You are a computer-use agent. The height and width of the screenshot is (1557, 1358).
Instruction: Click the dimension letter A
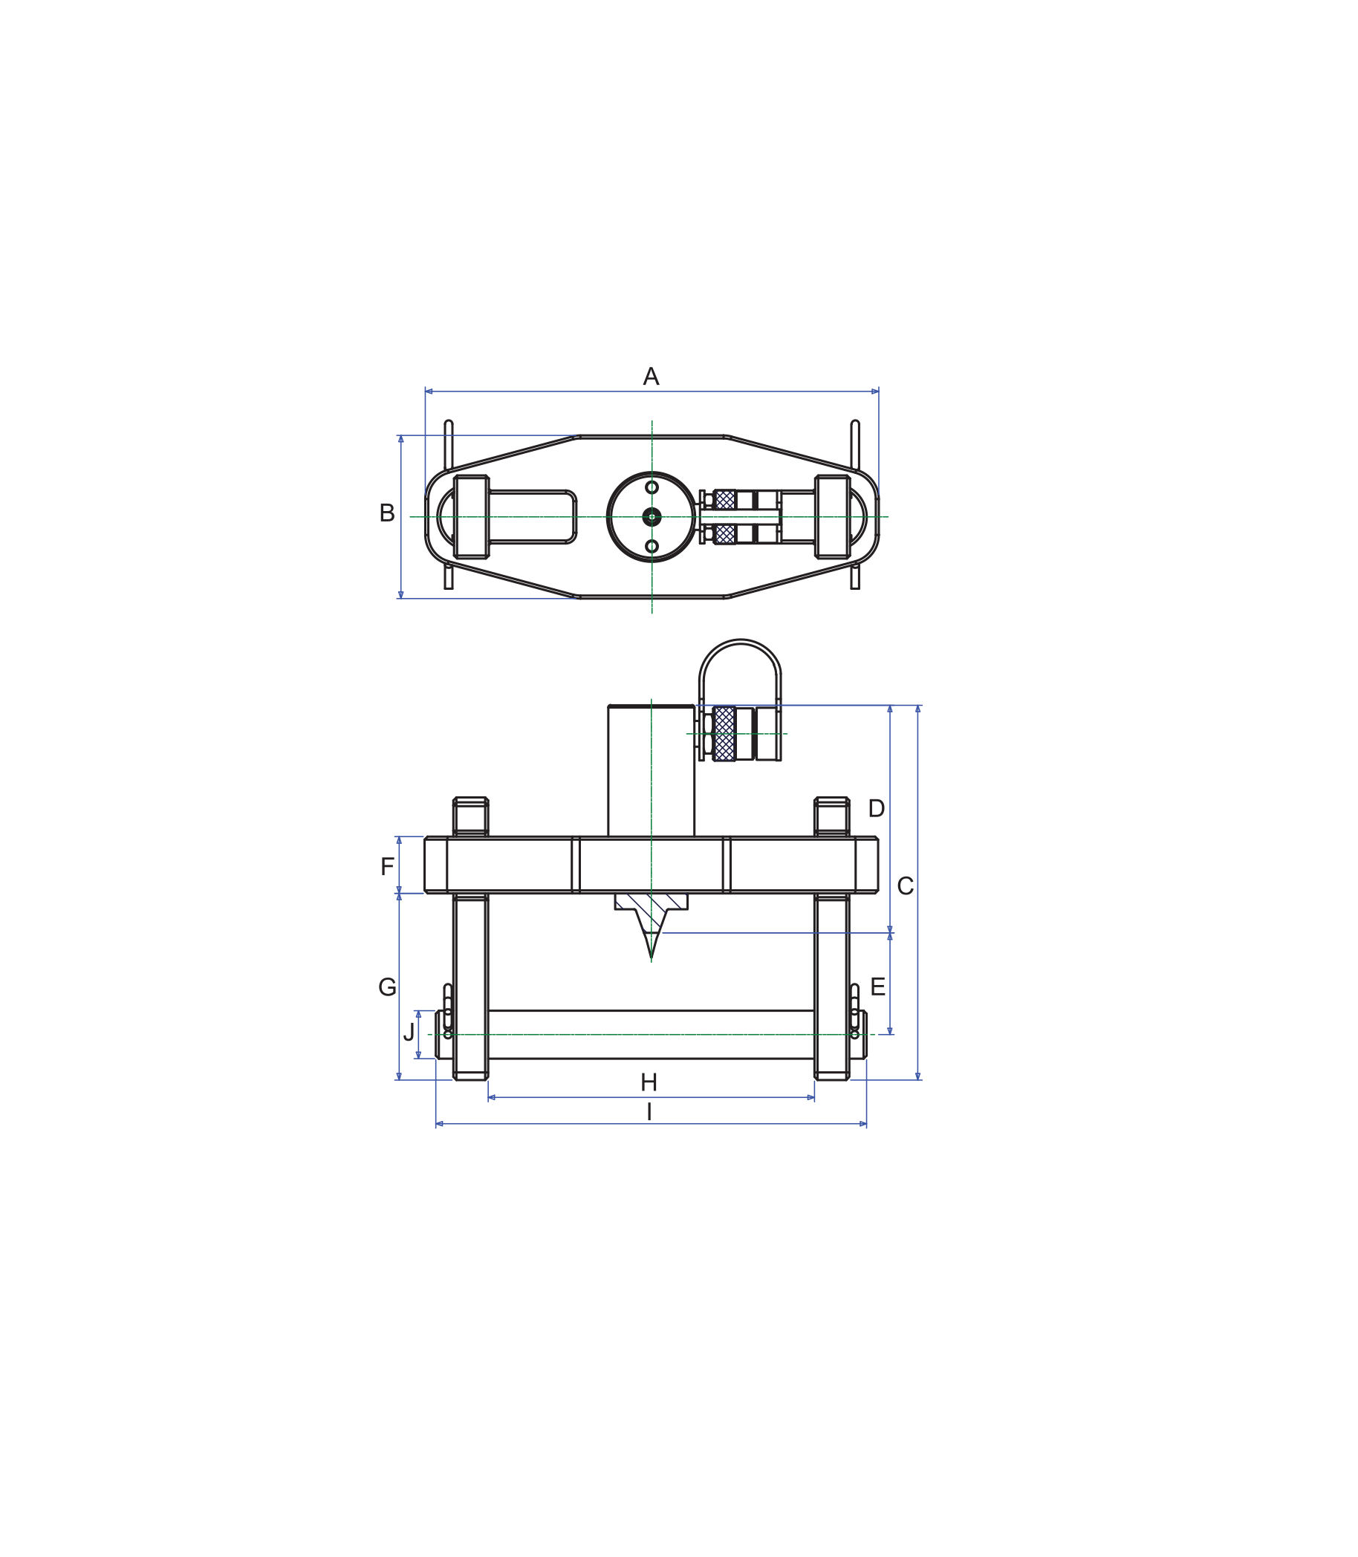point(650,377)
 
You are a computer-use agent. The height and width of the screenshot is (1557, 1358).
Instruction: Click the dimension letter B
point(386,513)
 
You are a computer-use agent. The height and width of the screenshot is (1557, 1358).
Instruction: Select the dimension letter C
point(905,885)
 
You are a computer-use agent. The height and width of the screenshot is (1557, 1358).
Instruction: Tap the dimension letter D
point(876,808)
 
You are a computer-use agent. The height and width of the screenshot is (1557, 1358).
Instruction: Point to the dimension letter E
point(877,986)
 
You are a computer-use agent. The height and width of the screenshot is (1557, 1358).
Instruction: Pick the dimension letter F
point(386,866)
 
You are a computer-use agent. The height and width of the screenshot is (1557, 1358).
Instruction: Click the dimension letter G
point(386,986)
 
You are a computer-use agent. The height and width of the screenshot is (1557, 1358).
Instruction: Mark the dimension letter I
point(649,1112)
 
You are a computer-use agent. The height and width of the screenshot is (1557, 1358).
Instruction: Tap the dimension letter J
point(409,1032)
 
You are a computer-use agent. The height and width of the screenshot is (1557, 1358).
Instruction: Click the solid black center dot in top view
point(652,517)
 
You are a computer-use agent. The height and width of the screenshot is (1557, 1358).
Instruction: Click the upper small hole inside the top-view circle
point(652,487)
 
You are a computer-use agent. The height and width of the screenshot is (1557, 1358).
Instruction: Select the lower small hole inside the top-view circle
point(652,546)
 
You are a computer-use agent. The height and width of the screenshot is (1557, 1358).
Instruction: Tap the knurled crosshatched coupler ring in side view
point(724,733)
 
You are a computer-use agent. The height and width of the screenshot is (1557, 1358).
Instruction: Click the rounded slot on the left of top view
point(532,517)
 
